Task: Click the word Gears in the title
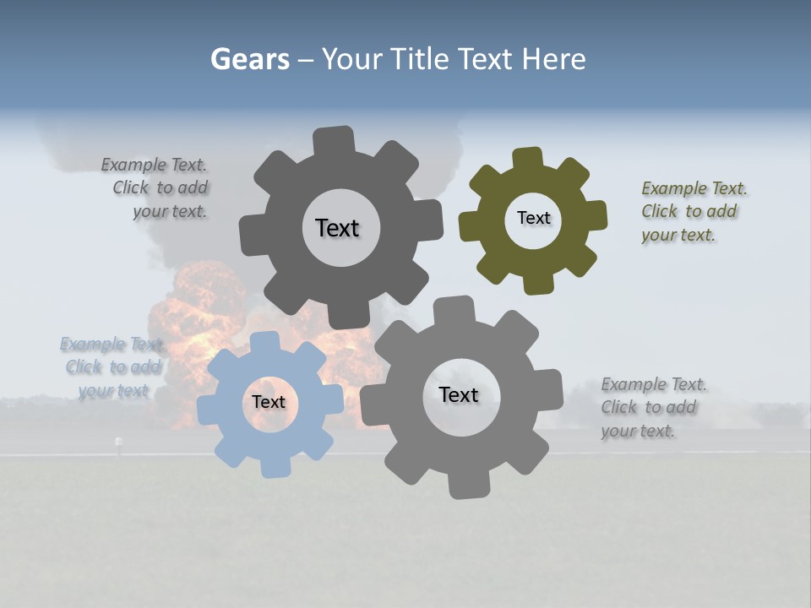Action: pos(249,59)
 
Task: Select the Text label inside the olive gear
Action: pos(533,218)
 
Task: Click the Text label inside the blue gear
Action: pos(268,403)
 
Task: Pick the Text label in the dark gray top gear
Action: pos(337,228)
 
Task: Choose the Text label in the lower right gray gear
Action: pos(459,395)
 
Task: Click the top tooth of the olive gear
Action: pos(528,158)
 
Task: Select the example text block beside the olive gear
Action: pos(694,212)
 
